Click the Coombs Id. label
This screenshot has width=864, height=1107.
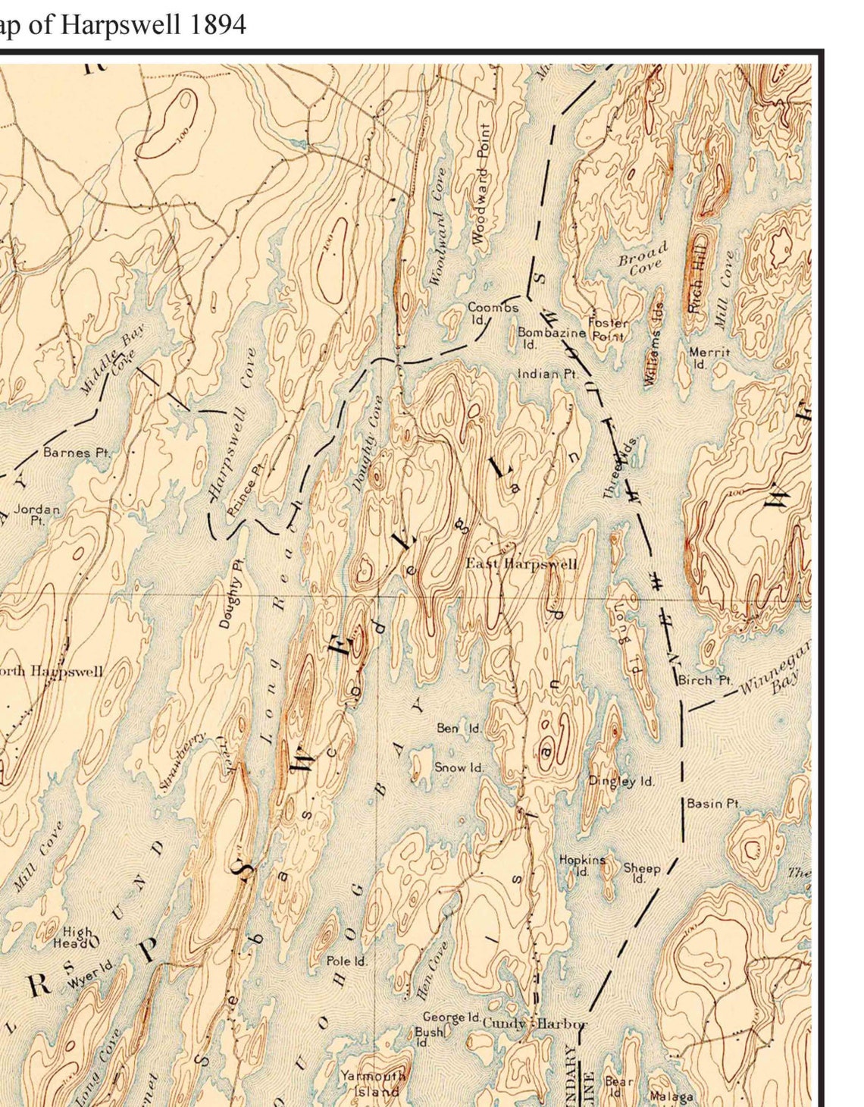coord(493,312)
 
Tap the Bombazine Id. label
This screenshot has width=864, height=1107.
coord(551,337)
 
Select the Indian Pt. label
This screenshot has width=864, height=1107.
coord(547,374)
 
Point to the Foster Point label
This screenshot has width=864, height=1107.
coord(607,329)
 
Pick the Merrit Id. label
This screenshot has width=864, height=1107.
coord(709,357)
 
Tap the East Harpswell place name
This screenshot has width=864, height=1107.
coord(521,563)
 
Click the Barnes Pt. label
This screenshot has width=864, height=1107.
coord(77,453)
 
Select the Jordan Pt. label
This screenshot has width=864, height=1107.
coord(36,514)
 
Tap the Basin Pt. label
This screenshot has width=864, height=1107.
coord(714,803)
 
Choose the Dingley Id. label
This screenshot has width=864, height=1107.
coord(621,781)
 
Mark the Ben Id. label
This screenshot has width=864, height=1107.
coord(459,728)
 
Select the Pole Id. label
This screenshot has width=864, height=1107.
coord(346,961)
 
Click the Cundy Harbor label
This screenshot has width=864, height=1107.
coord(534,1023)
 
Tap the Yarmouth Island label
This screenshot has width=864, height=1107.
coord(372,1083)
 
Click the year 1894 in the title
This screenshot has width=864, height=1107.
coord(218,25)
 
